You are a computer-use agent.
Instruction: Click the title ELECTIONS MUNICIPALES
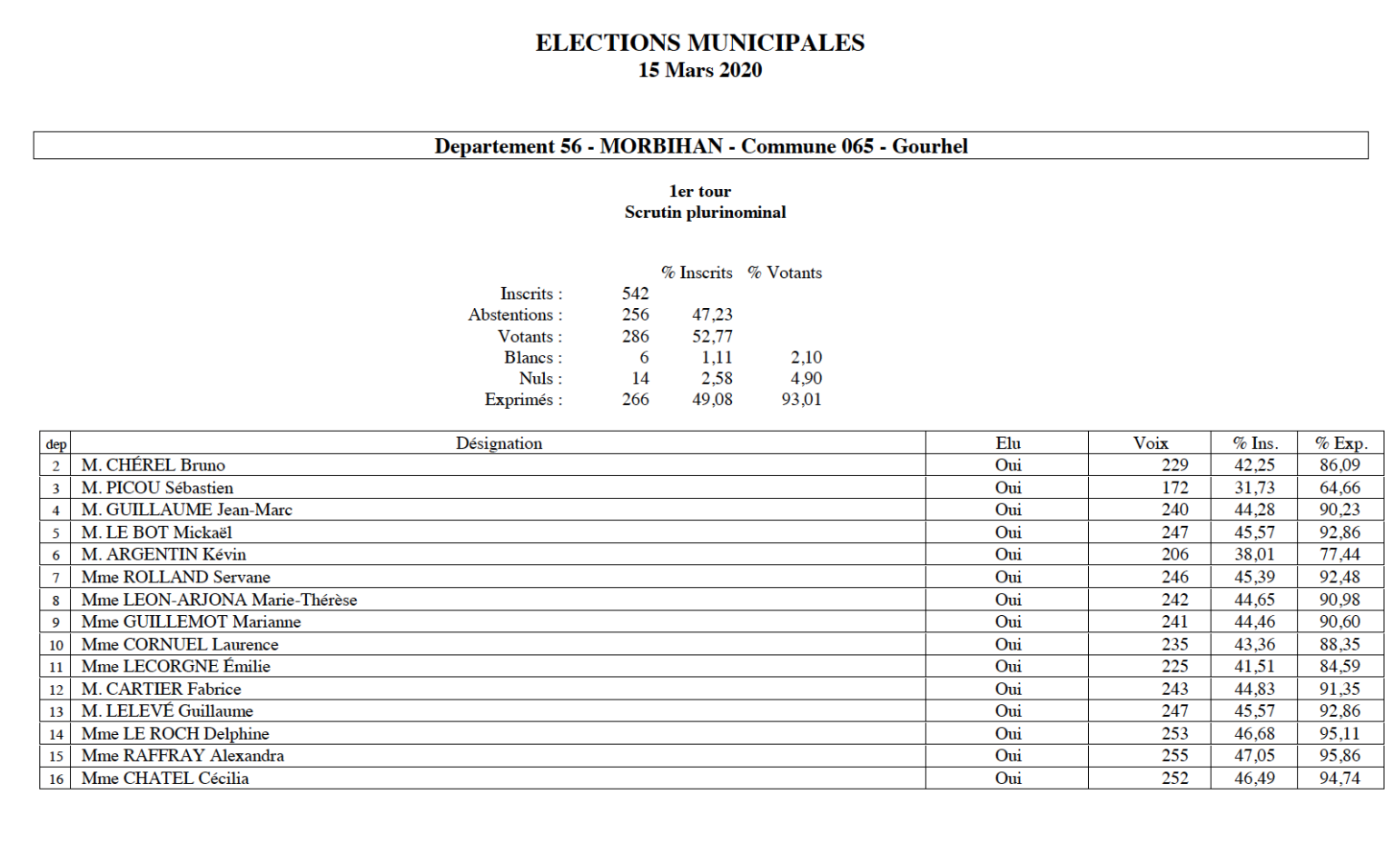point(699,43)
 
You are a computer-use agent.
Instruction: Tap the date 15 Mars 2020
point(699,70)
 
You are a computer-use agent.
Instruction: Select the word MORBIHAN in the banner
point(661,146)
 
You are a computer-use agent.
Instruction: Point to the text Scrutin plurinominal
point(705,213)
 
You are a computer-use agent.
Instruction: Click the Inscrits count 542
point(635,293)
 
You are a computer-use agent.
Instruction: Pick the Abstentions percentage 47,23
point(712,314)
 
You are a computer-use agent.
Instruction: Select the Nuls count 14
point(640,378)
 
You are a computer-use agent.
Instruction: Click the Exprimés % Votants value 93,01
point(801,399)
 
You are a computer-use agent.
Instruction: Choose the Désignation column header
point(499,443)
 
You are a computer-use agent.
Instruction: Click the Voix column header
point(1150,443)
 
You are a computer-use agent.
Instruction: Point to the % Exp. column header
point(1341,443)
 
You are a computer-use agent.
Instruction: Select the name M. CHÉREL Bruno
point(153,465)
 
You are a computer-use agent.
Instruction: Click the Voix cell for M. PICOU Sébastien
point(1174,488)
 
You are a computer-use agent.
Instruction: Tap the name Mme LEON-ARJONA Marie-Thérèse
point(219,600)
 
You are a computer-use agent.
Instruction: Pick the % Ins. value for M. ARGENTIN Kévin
point(1254,554)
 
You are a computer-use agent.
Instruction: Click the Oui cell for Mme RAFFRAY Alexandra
point(1007,755)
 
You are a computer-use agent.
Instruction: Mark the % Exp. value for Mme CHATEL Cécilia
point(1340,778)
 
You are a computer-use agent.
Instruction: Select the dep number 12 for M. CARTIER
point(56,690)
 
